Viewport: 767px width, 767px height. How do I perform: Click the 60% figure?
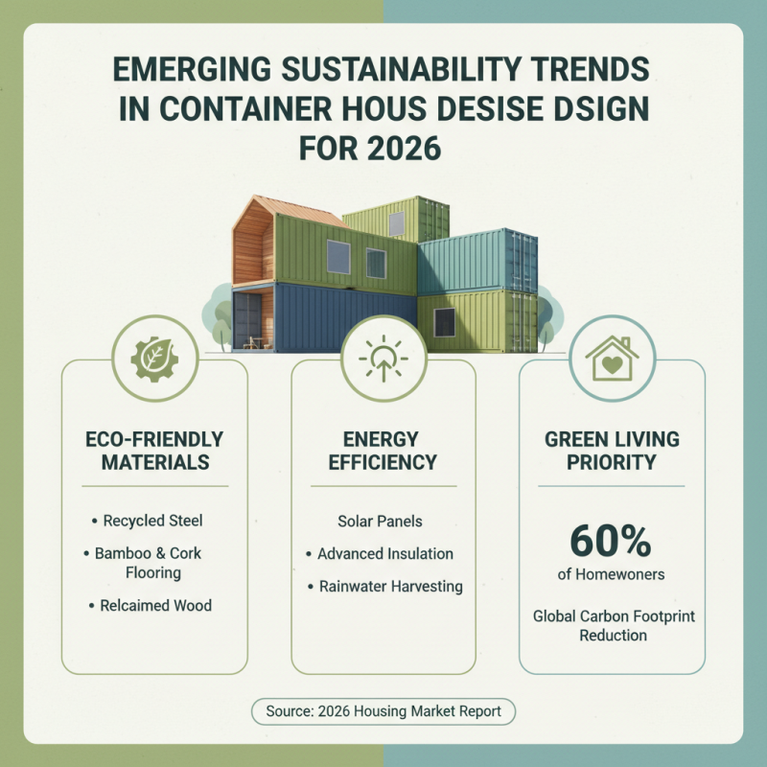point(612,541)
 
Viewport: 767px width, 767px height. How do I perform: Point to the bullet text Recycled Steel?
point(152,521)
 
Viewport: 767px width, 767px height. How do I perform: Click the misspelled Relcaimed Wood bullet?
point(155,605)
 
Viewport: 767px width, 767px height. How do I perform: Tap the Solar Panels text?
point(380,522)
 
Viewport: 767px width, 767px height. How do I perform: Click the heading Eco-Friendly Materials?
point(153,451)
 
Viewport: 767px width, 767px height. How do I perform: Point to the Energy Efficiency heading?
point(383,451)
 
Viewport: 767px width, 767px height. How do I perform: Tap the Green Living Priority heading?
point(612,451)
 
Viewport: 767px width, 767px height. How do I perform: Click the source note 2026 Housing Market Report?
point(383,711)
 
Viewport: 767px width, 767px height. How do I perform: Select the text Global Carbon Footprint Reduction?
point(613,625)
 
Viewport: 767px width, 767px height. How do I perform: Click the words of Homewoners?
point(612,574)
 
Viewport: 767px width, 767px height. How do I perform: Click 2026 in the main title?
point(410,151)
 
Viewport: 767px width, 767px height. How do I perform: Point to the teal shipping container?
point(476,260)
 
